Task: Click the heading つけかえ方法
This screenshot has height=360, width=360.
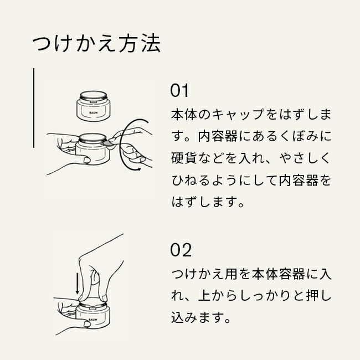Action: coord(96,43)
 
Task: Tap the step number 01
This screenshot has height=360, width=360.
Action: coord(179,90)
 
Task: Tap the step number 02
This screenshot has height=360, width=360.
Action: coord(181,250)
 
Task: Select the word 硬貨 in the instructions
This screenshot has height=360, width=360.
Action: coord(184,158)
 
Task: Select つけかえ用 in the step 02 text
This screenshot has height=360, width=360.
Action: coord(204,274)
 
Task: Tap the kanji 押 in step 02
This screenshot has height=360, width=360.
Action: coord(312,296)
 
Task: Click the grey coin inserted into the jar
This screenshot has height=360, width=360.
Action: coord(109,144)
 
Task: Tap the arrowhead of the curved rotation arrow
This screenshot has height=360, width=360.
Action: coord(138,169)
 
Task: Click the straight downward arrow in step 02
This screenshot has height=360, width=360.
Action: coord(78,283)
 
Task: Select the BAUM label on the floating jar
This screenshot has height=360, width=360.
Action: coord(93,112)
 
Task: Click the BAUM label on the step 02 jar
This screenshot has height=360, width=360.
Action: coord(93,320)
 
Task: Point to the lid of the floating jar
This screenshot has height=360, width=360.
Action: coord(94,96)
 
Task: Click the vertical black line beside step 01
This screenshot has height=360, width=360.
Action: coord(34,108)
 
